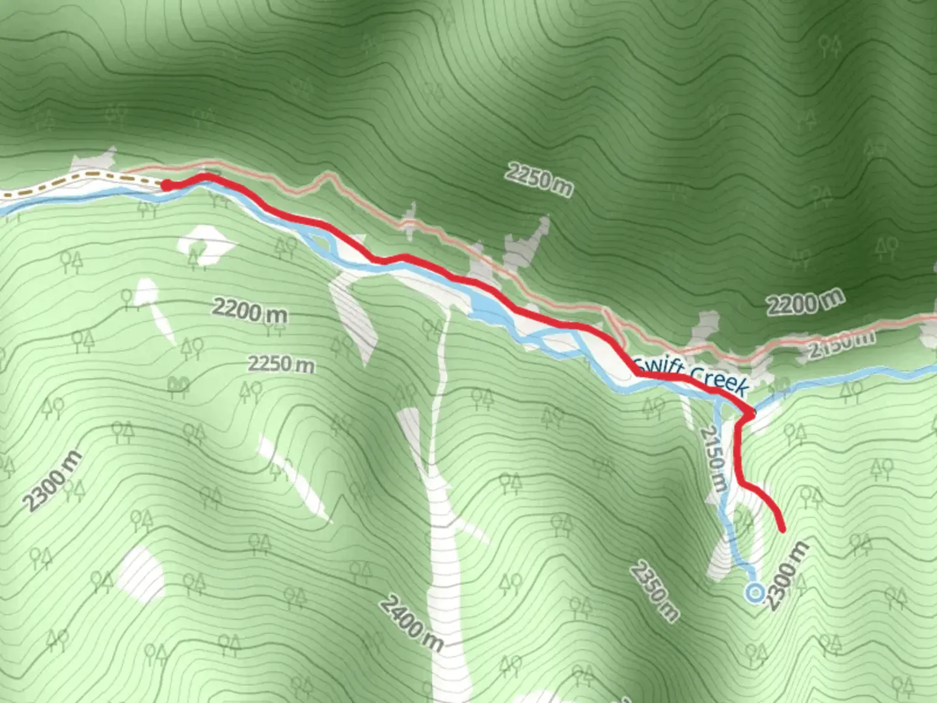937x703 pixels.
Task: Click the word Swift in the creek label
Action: click(x=659, y=365)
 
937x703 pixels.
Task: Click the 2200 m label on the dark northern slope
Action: click(x=806, y=302)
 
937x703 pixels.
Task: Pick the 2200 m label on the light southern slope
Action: click(x=250, y=311)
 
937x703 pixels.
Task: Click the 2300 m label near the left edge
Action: click(x=53, y=480)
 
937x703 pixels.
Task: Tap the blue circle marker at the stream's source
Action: click(x=755, y=593)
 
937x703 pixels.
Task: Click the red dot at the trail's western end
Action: click(x=166, y=186)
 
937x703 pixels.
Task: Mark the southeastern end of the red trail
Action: click(x=781, y=529)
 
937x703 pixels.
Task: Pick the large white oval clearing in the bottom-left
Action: click(x=143, y=573)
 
